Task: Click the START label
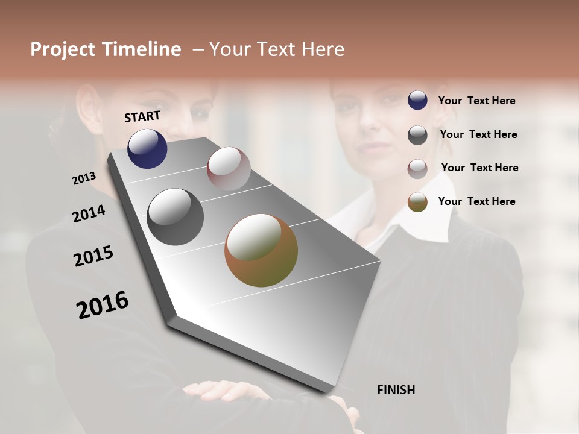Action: [142, 116]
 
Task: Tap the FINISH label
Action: [396, 390]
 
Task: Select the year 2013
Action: [84, 178]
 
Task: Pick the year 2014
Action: [89, 213]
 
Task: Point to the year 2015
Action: [93, 256]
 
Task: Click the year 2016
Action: [103, 305]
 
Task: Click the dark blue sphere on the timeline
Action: [147, 149]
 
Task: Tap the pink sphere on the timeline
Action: [229, 169]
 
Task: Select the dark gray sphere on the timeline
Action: [175, 217]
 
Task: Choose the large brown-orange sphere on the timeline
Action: [261, 250]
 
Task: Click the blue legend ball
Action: [417, 101]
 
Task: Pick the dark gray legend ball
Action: [417, 135]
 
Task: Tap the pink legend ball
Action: [417, 169]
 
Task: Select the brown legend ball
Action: [417, 202]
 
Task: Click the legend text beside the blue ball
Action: [476, 101]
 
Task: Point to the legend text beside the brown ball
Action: [476, 201]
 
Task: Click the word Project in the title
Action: [62, 49]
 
